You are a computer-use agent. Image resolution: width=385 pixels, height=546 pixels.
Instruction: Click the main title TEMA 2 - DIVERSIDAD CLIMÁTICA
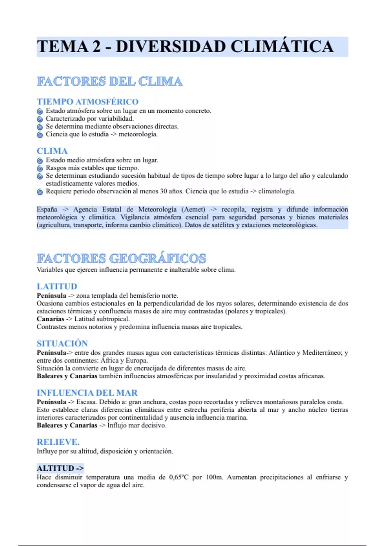(x=185, y=47)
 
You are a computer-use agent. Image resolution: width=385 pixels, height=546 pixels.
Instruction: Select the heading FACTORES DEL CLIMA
(x=110, y=81)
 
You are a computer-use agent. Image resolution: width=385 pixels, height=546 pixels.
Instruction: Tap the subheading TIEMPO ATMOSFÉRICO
(x=88, y=102)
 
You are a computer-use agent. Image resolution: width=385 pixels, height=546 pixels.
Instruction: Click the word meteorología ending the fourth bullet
(x=138, y=134)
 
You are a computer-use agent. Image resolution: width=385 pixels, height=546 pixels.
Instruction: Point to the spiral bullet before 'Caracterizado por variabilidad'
(x=40, y=119)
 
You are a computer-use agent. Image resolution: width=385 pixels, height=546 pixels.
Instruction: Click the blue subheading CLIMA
(x=52, y=151)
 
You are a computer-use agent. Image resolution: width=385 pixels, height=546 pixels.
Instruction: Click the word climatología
(x=277, y=191)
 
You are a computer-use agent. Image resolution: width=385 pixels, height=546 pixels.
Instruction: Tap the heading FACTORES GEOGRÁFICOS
(x=121, y=259)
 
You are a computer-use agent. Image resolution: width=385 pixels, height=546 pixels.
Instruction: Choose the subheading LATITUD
(x=57, y=286)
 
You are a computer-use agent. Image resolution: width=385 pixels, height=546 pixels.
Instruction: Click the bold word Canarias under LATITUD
(x=50, y=319)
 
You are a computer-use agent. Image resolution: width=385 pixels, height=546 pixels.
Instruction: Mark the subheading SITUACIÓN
(x=62, y=343)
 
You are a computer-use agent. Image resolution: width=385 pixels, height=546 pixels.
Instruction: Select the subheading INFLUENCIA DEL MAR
(x=87, y=393)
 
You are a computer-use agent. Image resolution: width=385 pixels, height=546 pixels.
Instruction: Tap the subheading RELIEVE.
(x=58, y=442)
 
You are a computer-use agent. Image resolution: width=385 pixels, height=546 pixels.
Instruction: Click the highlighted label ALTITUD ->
(x=60, y=468)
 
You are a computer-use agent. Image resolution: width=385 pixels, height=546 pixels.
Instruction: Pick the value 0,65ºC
(x=179, y=477)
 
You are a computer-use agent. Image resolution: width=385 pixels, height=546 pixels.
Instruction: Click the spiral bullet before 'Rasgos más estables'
(x=40, y=168)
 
